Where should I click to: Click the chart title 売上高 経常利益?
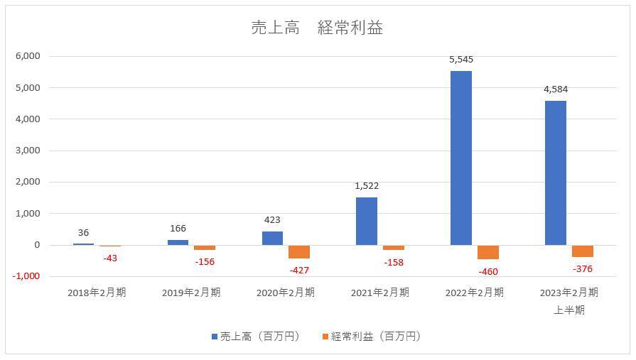(x=317, y=28)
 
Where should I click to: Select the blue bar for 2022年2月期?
(x=461, y=158)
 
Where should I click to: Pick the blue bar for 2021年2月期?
(x=367, y=221)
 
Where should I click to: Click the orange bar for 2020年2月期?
(x=299, y=251)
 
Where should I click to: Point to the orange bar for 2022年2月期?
(x=488, y=252)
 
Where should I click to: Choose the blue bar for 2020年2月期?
(x=272, y=238)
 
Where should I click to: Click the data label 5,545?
(x=461, y=60)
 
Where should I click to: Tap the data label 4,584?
(x=555, y=89)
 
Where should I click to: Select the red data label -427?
(x=300, y=271)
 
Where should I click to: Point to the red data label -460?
(x=487, y=272)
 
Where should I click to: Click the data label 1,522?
(x=367, y=186)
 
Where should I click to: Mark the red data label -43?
(x=109, y=258)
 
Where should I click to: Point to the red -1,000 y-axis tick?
(x=26, y=276)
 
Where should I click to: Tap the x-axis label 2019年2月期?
(x=191, y=293)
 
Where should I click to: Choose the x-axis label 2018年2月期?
(x=97, y=293)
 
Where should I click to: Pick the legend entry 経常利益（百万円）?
(x=372, y=337)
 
